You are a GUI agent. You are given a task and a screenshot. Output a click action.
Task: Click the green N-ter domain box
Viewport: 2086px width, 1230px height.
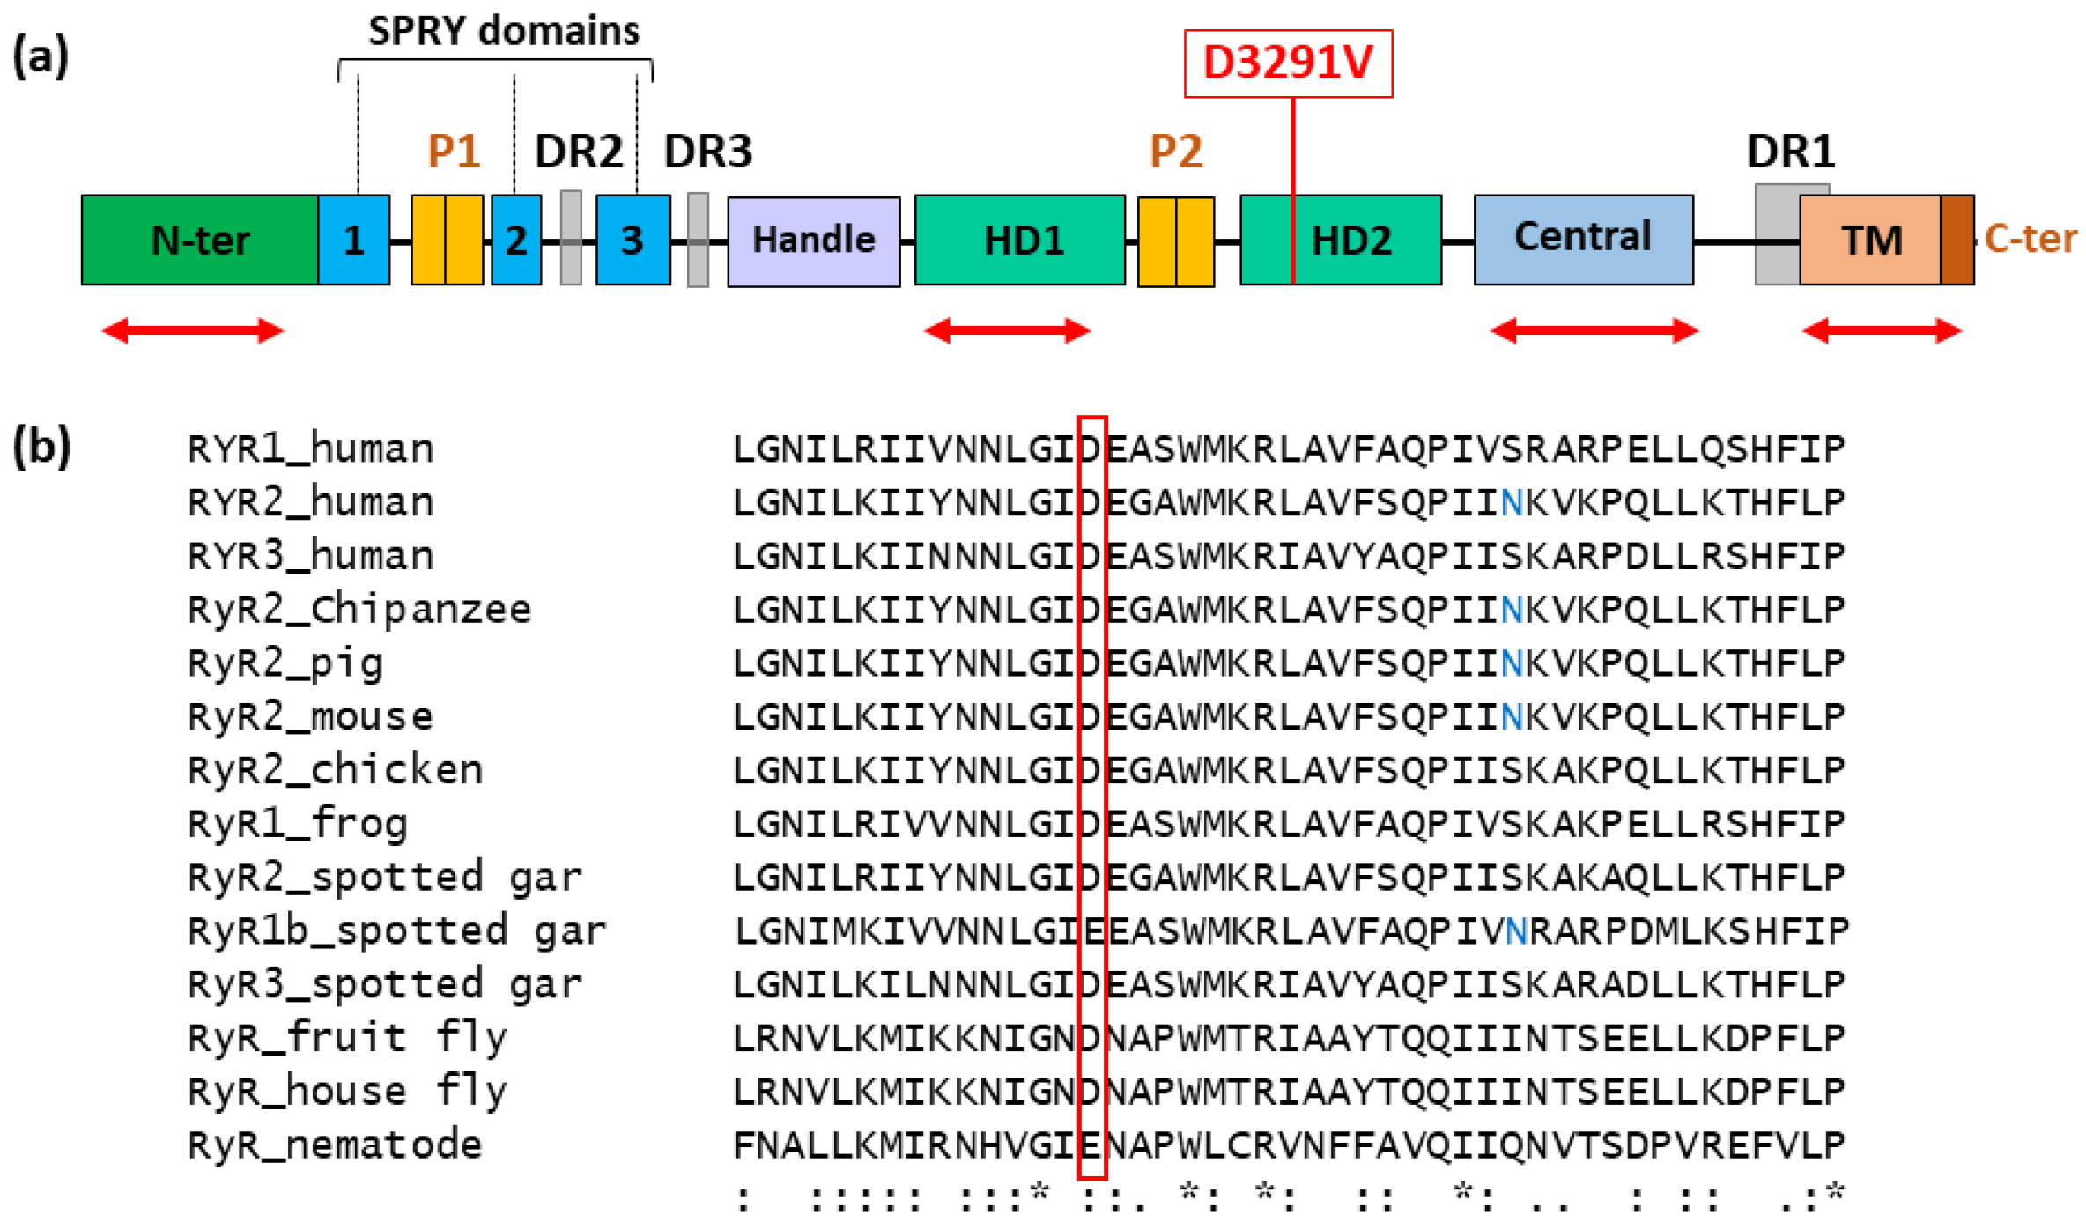coord(199,240)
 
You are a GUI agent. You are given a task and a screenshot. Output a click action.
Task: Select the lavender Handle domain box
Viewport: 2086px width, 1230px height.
coord(813,241)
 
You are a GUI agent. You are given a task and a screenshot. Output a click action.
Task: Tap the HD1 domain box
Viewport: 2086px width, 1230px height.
coord(1019,241)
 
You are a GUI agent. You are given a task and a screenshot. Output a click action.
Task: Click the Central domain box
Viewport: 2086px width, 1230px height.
coord(1583,239)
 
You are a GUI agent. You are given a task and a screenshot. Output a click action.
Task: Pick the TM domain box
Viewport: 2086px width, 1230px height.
coord(1869,241)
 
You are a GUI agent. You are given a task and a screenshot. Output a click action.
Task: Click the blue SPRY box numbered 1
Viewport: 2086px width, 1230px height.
coord(353,241)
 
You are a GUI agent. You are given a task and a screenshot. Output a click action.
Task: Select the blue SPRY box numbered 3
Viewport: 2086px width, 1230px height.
coord(632,241)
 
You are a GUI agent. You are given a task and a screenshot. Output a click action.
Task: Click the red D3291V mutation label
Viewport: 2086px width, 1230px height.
coord(1288,63)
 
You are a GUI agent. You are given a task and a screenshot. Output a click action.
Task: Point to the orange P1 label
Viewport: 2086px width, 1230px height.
coord(454,152)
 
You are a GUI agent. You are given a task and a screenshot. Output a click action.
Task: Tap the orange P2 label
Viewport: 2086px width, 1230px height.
coord(1176,152)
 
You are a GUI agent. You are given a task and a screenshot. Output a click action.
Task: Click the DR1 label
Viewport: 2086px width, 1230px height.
coord(1791,152)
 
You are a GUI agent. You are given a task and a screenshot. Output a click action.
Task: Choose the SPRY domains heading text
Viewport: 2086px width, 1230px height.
coord(504,32)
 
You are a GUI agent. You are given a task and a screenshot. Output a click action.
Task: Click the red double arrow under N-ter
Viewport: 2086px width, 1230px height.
coord(193,331)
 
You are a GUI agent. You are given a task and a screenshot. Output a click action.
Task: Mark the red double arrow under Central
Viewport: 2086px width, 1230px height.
coord(1594,331)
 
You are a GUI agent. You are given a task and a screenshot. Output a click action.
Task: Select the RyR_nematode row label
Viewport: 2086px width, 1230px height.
coord(336,1145)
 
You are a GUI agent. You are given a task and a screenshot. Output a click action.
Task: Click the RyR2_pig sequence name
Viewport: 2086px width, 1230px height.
coord(286,663)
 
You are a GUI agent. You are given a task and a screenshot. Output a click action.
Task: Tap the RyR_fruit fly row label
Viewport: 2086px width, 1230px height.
coord(348,1037)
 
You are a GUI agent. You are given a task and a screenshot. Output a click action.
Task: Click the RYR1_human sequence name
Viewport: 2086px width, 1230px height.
coord(311,448)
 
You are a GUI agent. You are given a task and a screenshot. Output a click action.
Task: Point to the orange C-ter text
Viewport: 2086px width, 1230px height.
coord(2031,239)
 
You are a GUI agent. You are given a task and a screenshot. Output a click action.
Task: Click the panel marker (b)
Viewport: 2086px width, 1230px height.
coord(41,448)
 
